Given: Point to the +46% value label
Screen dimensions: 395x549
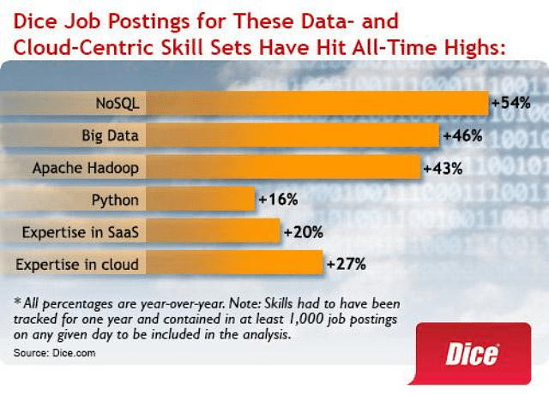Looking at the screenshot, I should tap(462, 135).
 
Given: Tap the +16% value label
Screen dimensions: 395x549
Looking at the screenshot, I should tap(278, 200).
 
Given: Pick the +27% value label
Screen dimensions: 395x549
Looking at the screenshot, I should tap(346, 263).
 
